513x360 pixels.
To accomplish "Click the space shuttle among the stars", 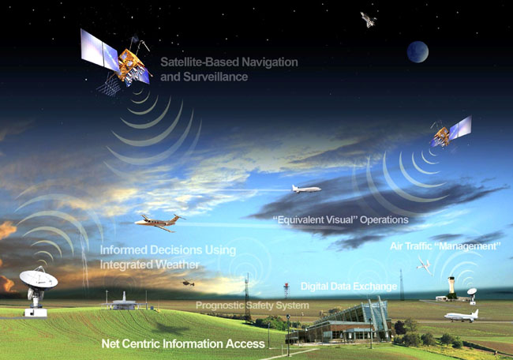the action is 369,19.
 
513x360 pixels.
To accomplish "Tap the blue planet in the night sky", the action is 418,51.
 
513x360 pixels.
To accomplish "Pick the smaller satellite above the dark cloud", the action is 451,132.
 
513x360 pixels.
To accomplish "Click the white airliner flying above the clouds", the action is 306,189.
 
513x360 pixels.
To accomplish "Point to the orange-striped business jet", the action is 160,223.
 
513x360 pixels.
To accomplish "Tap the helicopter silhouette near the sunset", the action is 189,282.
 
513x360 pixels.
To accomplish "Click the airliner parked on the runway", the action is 462,316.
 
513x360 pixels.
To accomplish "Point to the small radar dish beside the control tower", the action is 472,294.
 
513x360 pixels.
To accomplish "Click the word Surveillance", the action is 215,77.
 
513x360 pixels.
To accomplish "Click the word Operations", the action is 384,219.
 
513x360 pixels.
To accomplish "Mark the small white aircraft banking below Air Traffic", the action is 424,264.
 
